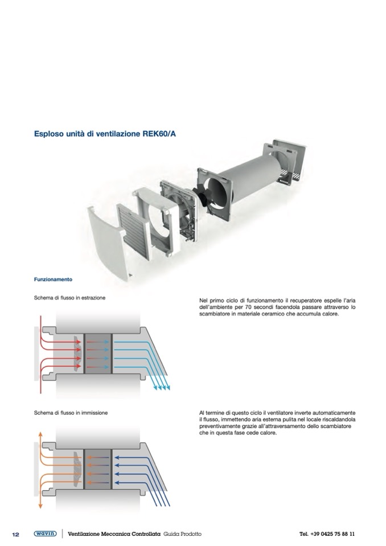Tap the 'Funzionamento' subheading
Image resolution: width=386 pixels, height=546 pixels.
53,280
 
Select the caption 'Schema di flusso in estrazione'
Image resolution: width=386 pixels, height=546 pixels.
69,298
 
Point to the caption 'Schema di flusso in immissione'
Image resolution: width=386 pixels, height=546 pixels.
71,412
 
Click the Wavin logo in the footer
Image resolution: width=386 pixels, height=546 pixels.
45,533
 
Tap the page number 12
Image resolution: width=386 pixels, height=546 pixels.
16,534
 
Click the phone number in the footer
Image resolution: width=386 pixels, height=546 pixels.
327,534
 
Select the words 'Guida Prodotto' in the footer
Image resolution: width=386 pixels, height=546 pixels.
182,534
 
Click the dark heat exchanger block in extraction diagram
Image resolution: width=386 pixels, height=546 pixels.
98,353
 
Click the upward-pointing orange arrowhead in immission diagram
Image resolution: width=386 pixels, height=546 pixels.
39,433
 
